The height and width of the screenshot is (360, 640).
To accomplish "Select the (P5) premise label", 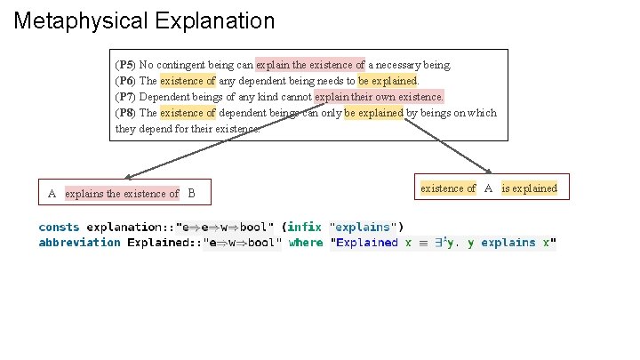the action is coord(125,65).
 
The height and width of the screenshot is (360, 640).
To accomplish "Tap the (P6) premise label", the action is coord(125,81).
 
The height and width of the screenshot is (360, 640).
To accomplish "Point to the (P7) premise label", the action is coord(125,97).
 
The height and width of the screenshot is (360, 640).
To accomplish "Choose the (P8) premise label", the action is coord(125,113).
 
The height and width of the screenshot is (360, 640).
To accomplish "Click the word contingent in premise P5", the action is coord(183,65).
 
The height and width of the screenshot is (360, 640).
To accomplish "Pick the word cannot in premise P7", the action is coord(292,97).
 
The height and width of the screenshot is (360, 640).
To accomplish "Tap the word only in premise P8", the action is coord(331,113).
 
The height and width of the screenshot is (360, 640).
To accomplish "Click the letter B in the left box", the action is coord(191,194).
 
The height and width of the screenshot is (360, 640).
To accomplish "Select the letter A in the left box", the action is coord(52,194).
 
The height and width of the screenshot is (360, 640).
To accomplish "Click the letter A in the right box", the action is coord(489,188).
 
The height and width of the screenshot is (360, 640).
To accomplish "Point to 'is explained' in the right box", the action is coord(530,188).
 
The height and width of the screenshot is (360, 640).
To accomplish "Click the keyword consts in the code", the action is coord(59,227).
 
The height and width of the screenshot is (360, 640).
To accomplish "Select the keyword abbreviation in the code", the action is coord(79,243).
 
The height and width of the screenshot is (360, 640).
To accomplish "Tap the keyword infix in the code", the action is coord(304,227).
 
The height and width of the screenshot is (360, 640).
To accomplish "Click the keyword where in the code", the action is coord(306,243).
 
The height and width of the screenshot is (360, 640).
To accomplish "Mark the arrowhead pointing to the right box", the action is coord(489,171).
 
